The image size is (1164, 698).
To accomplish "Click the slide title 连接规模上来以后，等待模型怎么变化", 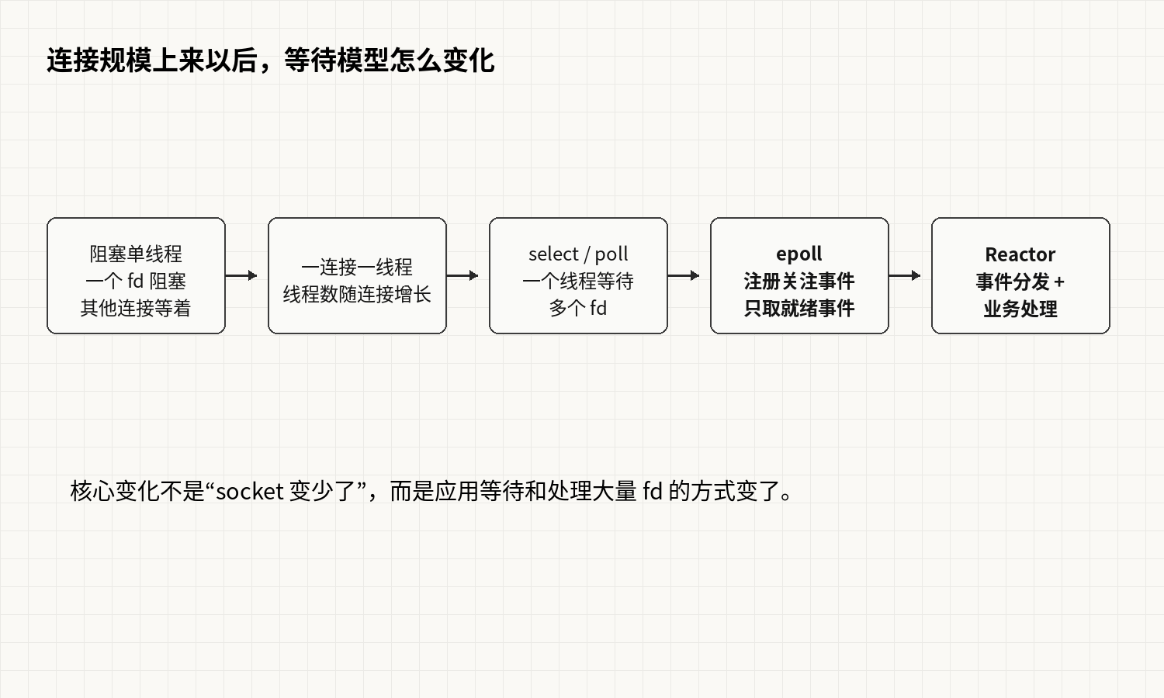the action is pos(270,60).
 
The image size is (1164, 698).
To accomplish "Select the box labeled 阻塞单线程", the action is pos(136,275).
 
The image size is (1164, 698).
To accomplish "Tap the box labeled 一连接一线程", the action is pos(357,275).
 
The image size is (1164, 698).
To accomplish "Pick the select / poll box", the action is pos(578,275).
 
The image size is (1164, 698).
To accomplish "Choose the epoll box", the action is pos(799,275).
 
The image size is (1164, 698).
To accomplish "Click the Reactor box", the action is pos(1020,275).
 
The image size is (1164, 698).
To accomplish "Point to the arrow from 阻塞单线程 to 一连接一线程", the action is pos(241,275).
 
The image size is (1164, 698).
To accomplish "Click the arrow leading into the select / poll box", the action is pos(462,275).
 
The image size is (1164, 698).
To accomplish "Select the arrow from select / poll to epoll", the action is pos(684,275).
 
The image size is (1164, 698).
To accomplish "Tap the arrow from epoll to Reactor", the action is pos(905,275).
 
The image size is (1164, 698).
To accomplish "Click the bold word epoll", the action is pos(799,254).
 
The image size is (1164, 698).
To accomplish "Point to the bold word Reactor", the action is pos(1020,254).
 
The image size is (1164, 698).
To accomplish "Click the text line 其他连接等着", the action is pos(136,309).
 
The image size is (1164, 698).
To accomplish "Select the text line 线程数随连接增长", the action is pos(357,295).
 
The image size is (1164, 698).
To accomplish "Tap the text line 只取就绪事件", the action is pos(799,309).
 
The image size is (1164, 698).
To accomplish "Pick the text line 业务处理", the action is pos(1020,309).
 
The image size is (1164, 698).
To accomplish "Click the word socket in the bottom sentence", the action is pos(250,491).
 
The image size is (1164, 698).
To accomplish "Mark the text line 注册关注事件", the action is pos(799,282).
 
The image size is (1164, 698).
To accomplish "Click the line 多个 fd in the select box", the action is pos(578,309).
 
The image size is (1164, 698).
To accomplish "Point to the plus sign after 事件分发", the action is pos(1059,282).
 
